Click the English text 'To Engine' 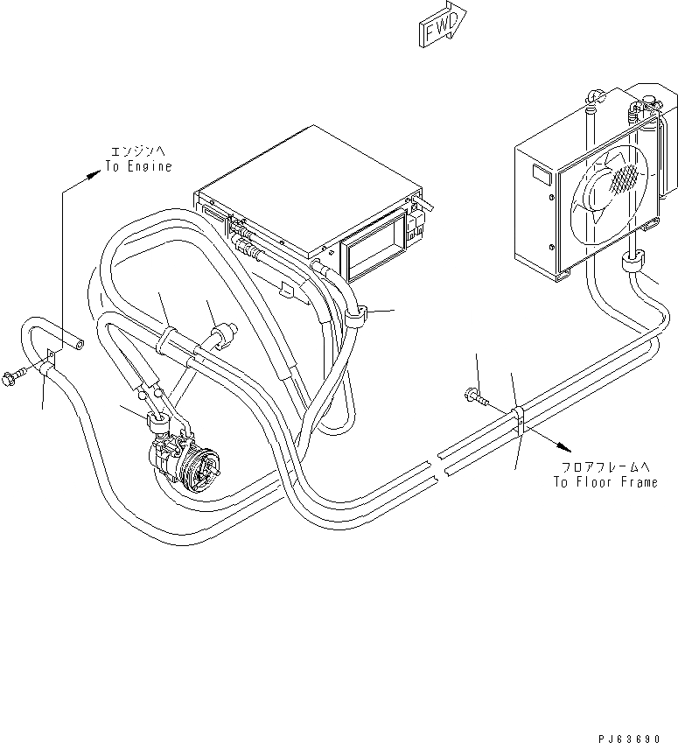(138, 165)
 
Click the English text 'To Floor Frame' (605, 481)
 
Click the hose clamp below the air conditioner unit (353, 317)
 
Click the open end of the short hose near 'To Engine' (80, 346)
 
